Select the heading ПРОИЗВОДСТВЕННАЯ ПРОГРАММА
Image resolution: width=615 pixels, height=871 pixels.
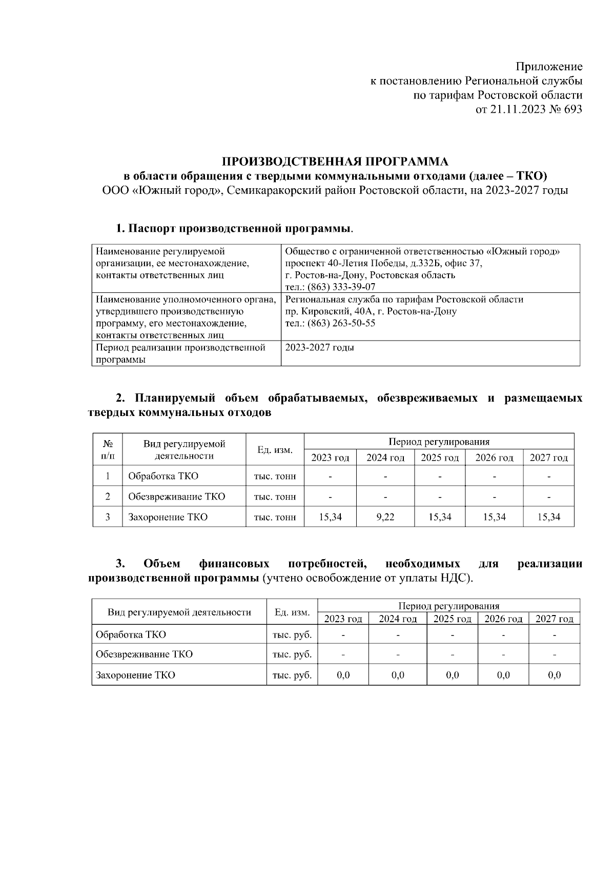coord(335,162)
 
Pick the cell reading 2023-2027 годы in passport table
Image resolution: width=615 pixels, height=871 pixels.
coord(319,348)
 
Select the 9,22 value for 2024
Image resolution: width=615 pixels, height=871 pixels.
coord(385,517)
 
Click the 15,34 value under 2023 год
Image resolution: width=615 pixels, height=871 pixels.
coord(330,517)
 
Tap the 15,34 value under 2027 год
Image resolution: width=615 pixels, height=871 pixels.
coord(548,517)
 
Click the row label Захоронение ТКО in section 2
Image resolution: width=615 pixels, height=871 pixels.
coord(168,517)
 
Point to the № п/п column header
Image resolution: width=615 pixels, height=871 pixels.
coord(108,449)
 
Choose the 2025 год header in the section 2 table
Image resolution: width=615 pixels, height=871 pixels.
coord(439,458)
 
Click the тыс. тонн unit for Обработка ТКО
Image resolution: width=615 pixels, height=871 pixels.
coord(275,476)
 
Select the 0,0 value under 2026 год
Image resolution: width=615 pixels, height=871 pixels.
coord(503,675)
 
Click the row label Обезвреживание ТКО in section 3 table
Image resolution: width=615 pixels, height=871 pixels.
coord(144,654)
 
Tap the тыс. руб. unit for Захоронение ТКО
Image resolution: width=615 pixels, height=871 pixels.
coord(292,675)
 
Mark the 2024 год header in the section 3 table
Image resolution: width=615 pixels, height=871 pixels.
coord(398,619)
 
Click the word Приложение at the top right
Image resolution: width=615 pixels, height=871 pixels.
coord(549,67)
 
